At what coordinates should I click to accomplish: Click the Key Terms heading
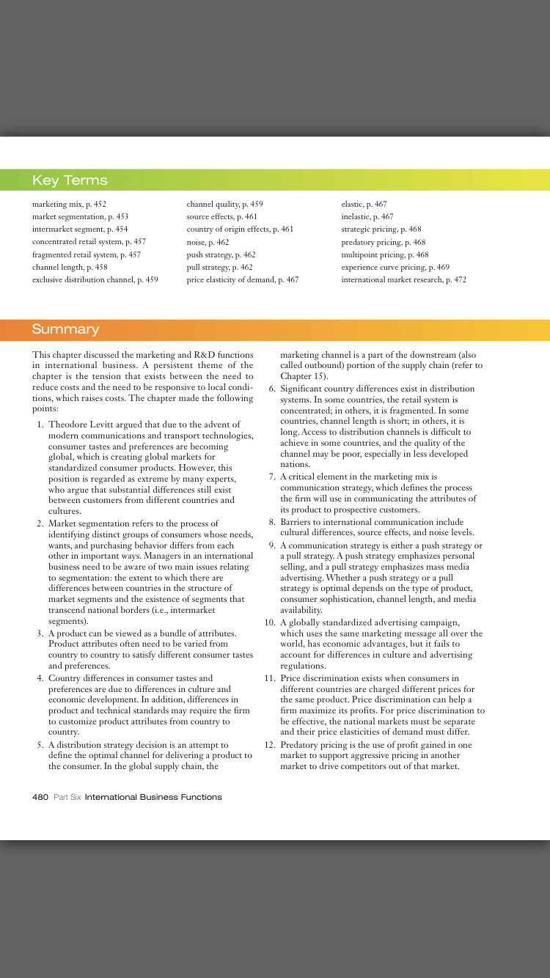[x=70, y=180]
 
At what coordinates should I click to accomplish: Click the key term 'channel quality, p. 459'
[x=224, y=205]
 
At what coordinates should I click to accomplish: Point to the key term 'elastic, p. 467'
[x=364, y=205]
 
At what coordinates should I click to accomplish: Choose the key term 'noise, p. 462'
[x=208, y=242]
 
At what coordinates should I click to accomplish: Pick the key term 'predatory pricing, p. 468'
[x=383, y=242]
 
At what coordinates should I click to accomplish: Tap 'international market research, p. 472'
[x=403, y=279]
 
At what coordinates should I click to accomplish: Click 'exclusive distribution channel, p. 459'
[x=95, y=279]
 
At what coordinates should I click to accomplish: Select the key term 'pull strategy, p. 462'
[x=219, y=267]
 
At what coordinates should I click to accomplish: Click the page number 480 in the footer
[x=40, y=797]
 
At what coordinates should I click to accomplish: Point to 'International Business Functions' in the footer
[x=153, y=797]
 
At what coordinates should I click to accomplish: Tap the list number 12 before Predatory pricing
[x=269, y=745]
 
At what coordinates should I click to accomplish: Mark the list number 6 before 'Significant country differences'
[x=272, y=389]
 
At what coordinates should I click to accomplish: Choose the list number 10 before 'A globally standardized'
[x=269, y=622]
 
